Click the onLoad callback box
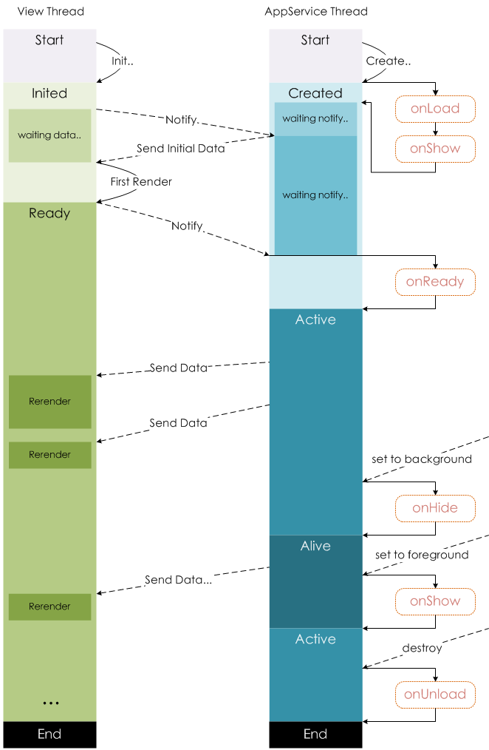[435, 109]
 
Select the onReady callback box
[435, 282]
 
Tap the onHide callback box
[435, 508]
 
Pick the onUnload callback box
[435, 695]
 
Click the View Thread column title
[50, 12]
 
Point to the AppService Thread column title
[316, 12]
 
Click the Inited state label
[49, 93]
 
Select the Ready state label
[49, 214]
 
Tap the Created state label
[315, 93]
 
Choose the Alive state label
[315, 547]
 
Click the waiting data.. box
[49, 135]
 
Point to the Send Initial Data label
[181, 149]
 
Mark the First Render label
[141, 181]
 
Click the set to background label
[422, 459]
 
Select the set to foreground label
[422, 555]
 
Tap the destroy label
[422, 649]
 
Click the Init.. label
[122, 61]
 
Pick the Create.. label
[387, 61]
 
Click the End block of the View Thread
[49, 734]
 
